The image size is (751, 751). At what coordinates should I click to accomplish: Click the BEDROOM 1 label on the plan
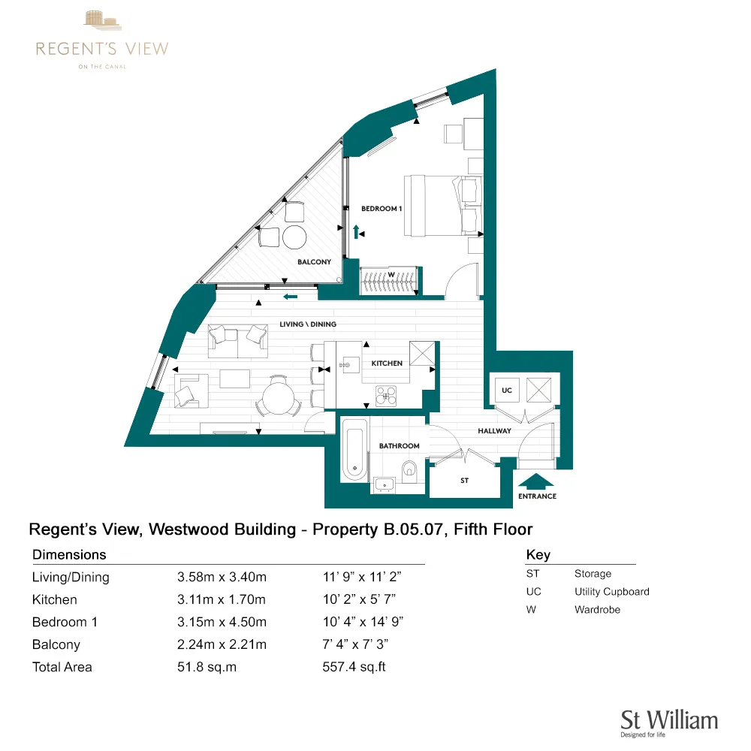382,208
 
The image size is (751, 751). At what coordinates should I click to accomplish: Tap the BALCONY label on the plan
314,262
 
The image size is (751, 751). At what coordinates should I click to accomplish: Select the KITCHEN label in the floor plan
387,363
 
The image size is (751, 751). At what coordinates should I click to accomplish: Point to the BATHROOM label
399,446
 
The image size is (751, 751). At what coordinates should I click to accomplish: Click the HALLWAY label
494,431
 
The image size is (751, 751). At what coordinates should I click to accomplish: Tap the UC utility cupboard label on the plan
507,391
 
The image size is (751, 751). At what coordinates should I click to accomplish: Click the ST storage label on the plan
464,481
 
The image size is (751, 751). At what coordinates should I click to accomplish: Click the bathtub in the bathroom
354,450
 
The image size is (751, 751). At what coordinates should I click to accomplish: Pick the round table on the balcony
294,237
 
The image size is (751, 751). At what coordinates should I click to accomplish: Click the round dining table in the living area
278,397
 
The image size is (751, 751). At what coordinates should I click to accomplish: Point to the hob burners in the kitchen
386,395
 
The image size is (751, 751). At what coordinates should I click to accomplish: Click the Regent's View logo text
102,50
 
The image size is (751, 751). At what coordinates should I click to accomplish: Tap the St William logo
668,722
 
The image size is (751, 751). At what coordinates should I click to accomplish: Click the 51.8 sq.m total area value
207,667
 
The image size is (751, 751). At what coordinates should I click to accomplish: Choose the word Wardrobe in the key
597,610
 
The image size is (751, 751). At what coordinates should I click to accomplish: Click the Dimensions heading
69,555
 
